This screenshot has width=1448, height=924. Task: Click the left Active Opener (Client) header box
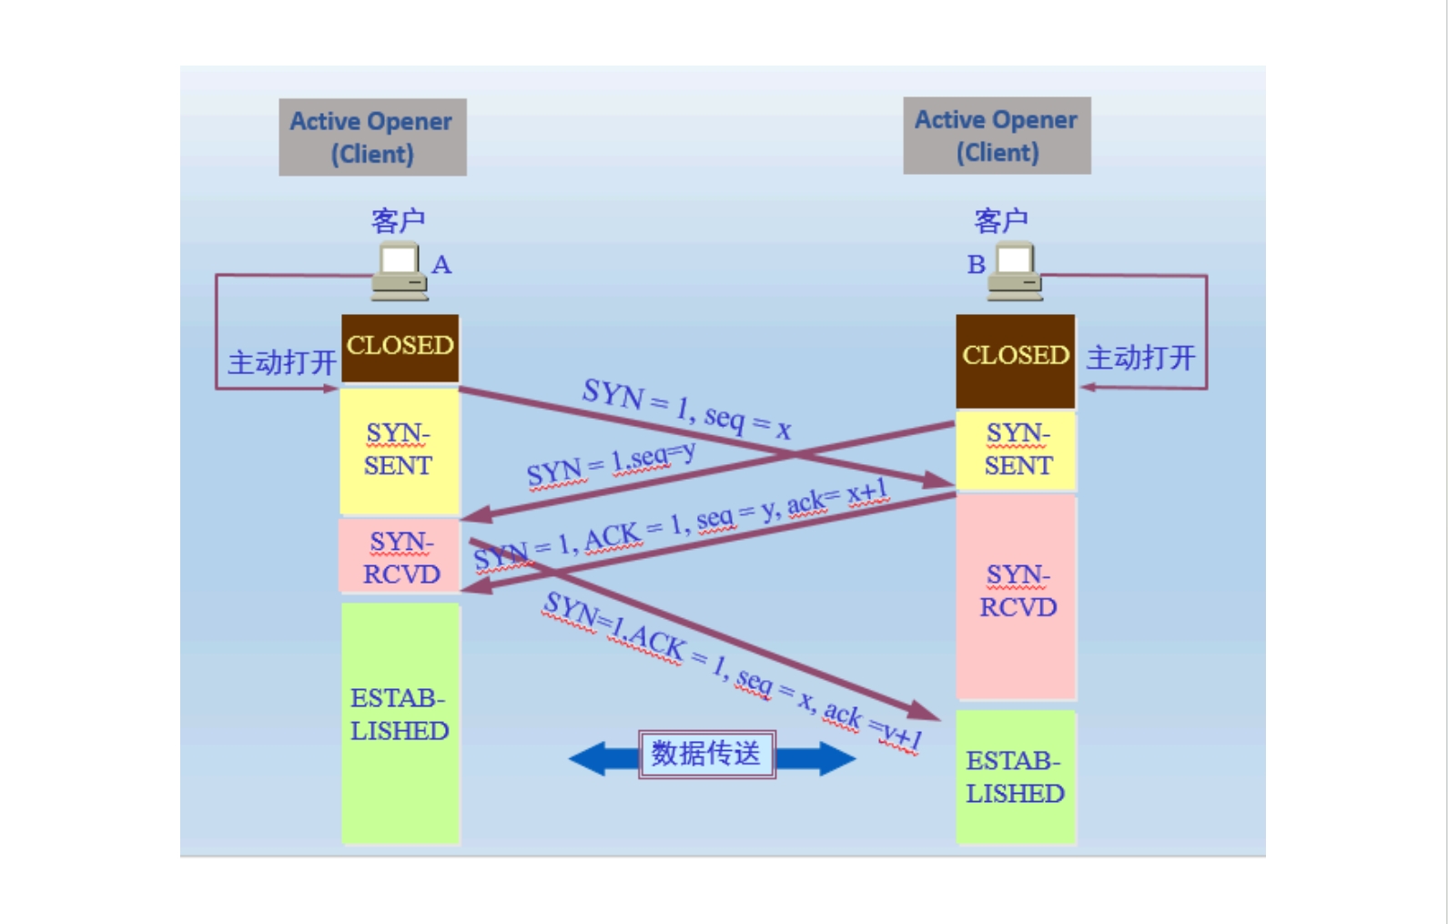click(372, 137)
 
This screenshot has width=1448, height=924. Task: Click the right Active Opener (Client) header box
click(997, 136)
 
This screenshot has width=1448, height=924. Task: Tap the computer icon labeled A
click(399, 271)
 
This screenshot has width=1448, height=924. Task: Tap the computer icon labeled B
click(1015, 271)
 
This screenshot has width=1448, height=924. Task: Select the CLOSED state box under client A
click(400, 347)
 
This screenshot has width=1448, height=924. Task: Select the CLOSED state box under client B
click(1015, 360)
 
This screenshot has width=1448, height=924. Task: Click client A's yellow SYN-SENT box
click(399, 451)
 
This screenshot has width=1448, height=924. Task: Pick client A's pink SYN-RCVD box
click(400, 557)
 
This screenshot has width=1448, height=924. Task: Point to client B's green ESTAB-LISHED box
click(1015, 777)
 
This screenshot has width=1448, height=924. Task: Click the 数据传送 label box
click(706, 754)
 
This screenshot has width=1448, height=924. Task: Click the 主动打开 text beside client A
click(281, 362)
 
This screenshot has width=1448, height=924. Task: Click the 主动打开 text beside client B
click(1140, 358)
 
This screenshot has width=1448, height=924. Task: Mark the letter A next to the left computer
click(441, 265)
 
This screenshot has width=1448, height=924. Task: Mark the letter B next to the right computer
click(976, 265)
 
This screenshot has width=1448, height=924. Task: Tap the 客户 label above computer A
click(398, 219)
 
